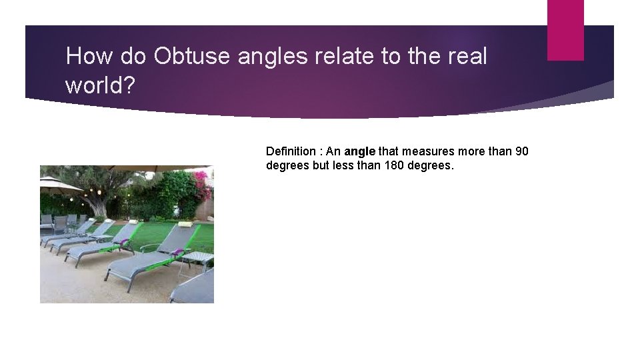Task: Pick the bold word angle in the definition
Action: pos(360,152)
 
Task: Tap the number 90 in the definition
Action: pos(521,151)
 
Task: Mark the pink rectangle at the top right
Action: pos(565,30)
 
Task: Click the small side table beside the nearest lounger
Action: pos(197,258)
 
